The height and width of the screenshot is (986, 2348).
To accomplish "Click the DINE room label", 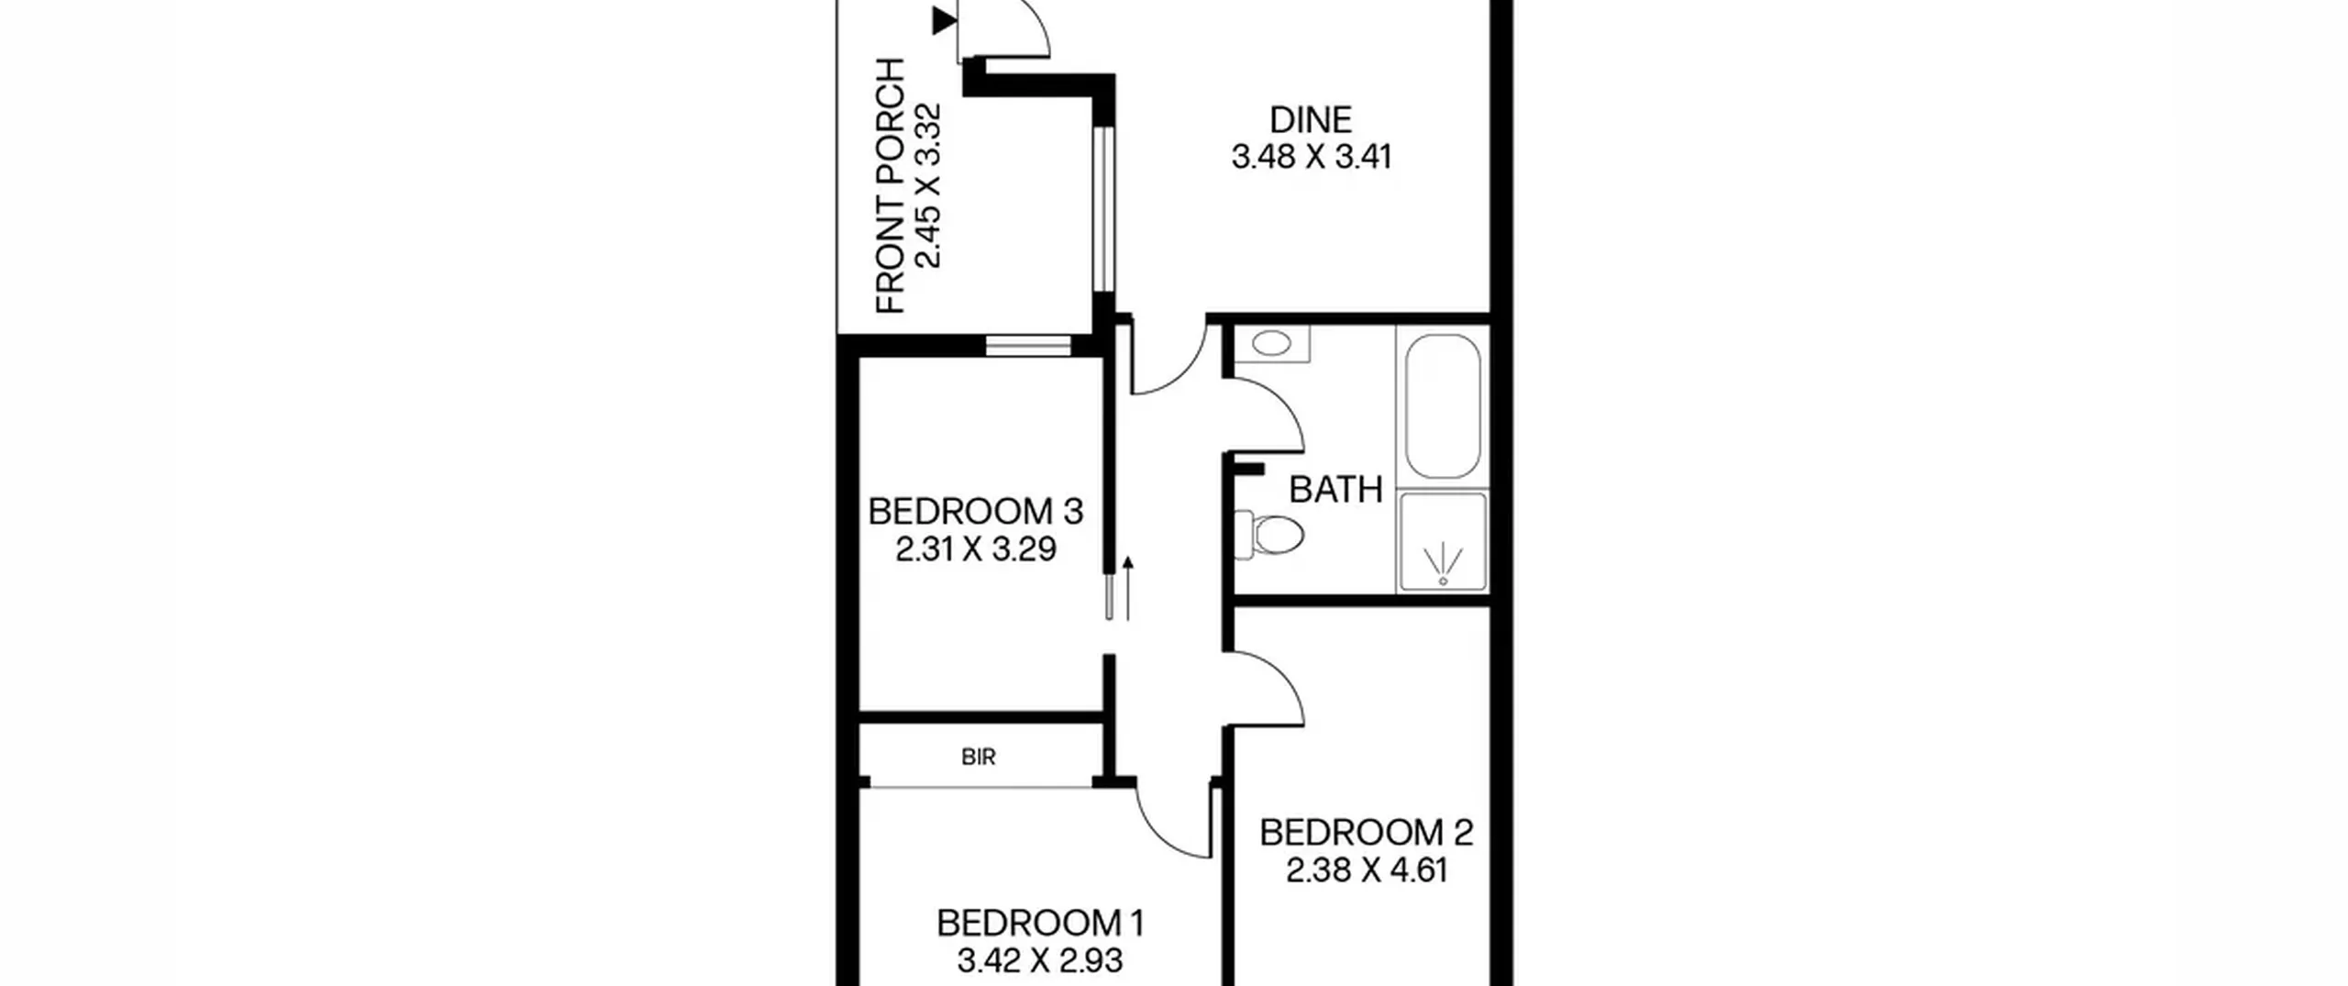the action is click(x=1311, y=120).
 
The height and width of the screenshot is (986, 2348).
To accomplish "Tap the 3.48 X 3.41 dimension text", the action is click(x=1311, y=157).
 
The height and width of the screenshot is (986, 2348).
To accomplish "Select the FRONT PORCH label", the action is click(x=891, y=186).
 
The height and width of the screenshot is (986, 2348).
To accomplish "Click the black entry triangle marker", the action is click(x=944, y=20).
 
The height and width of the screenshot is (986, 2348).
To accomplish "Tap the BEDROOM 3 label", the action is click(x=976, y=511).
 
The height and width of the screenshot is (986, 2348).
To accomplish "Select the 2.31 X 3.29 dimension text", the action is click(x=976, y=548).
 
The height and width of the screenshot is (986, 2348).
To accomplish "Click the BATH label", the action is click(x=1335, y=490).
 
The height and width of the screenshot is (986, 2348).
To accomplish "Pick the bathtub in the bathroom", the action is click(x=1443, y=405).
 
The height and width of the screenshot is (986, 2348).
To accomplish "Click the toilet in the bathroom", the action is click(x=1270, y=534).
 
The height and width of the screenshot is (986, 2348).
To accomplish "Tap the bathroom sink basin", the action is click(x=1271, y=344).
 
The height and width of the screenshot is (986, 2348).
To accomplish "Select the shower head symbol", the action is click(x=1443, y=563).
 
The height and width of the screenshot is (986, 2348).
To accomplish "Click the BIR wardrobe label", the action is click(x=979, y=757).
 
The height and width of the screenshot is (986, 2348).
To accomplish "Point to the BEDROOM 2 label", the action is click(x=1367, y=833).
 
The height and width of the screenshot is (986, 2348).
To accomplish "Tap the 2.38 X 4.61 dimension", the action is click(x=1367, y=870).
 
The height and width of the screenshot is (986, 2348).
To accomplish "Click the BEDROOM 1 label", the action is click(x=1040, y=923).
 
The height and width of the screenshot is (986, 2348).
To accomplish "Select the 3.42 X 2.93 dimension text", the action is click(x=1040, y=960).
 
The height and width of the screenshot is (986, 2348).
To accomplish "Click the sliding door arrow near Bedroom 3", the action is click(x=1128, y=589).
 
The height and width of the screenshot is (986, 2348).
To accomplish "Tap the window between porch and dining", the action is click(x=1103, y=209).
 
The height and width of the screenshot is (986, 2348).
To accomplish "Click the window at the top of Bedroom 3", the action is click(x=1028, y=346).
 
